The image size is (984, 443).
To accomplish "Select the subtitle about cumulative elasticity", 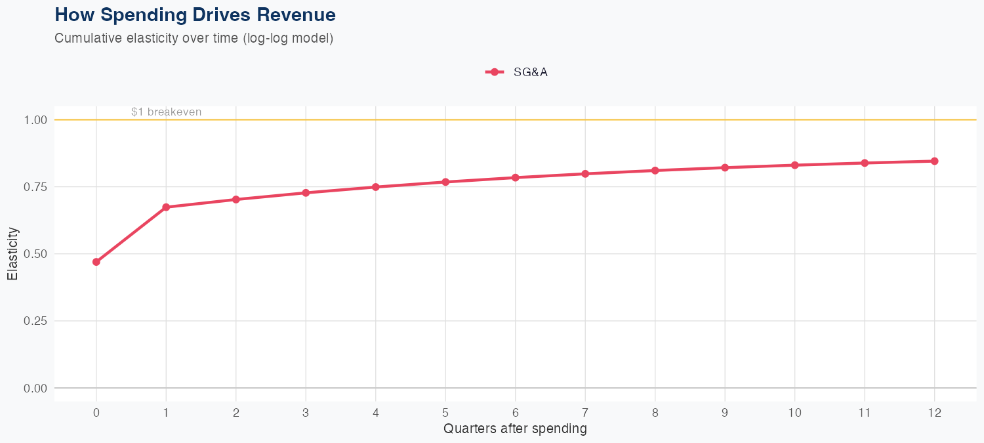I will (x=194, y=38).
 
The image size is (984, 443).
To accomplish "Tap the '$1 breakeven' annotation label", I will (x=166, y=112).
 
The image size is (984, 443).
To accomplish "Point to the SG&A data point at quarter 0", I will (x=96, y=262).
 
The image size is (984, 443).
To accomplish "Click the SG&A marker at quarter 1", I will (x=166, y=207).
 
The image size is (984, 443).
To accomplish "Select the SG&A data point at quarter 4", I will (x=376, y=187).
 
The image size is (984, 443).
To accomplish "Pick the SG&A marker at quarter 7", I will (x=585, y=174).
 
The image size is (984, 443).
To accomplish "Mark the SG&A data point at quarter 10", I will (x=795, y=165).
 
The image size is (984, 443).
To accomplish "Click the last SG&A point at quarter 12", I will (x=935, y=161).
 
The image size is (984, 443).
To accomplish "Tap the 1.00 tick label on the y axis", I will (x=36, y=120).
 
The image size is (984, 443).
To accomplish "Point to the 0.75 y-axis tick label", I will (x=36, y=187).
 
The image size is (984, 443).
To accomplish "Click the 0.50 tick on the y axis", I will (x=36, y=254).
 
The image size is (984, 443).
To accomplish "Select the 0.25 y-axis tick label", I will (x=36, y=321).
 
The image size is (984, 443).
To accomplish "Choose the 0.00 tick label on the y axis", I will (x=36, y=388).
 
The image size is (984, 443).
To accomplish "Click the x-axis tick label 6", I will (x=516, y=413).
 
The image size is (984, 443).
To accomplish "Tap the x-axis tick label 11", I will (x=865, y=413).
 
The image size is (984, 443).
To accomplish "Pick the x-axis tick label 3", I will (x=306, y=413).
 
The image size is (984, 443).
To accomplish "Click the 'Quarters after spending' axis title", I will (x=515, y=429).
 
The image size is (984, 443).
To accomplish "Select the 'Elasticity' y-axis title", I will (x=12, y=254).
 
